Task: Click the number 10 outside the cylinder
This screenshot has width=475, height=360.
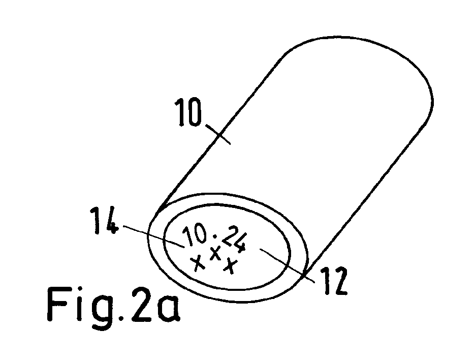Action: [188, 111]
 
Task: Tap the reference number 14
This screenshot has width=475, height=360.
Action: [104, 221]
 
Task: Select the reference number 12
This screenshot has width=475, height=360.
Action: [334, 281]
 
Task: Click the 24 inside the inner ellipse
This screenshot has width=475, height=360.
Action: [234, 238]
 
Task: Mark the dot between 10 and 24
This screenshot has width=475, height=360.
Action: [215, 236]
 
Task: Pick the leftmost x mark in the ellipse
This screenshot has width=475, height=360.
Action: [197, 263]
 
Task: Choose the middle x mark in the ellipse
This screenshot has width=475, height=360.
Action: [215, 253]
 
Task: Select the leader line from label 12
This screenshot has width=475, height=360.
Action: [287, 265]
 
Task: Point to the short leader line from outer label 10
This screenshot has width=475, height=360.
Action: [218, 134]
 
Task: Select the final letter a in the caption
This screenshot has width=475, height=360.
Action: [169, 309]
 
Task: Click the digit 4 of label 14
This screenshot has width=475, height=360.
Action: [110, 221]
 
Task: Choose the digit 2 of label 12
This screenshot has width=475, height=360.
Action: [339, 281]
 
